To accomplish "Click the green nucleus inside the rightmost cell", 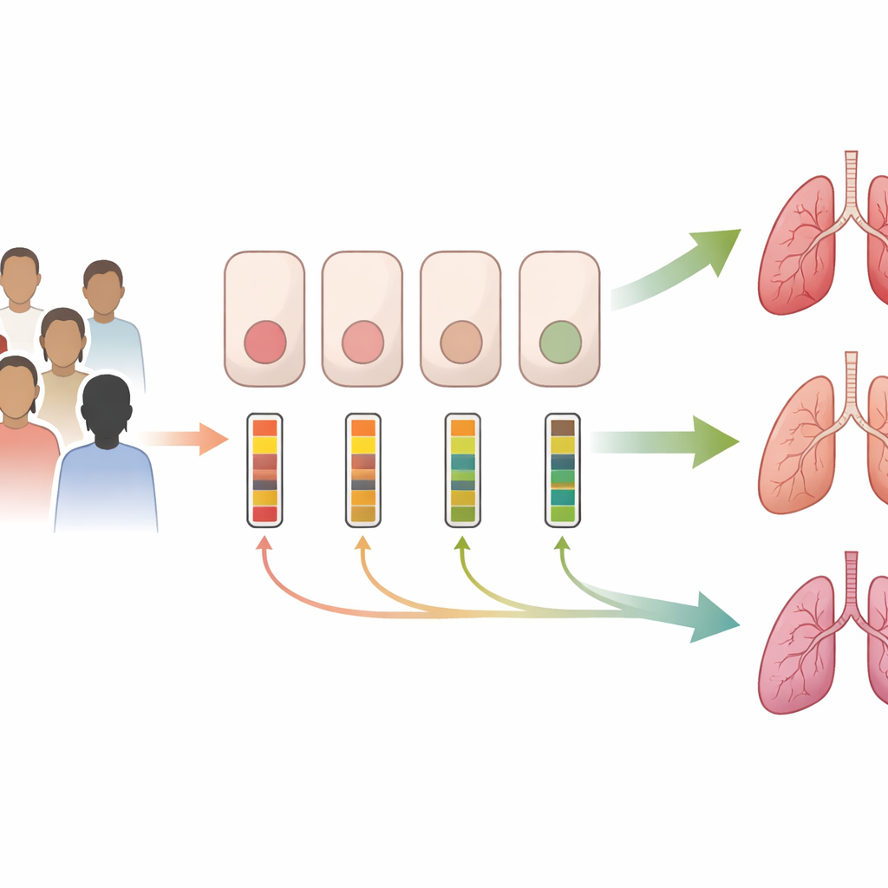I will pos(559,341).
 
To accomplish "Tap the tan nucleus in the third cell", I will pos(460,342).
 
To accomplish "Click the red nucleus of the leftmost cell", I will pos(264,341).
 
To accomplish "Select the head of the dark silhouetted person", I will pos(106,403).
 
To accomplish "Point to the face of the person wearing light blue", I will pos(103,290).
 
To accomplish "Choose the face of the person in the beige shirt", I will pos(63,340).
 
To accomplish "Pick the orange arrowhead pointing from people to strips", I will pos(212,439).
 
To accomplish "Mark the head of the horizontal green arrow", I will pos(715,441).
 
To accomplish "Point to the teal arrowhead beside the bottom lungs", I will pos(716,617).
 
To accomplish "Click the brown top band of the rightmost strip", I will pos(562,428).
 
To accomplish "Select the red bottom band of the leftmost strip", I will pos(264,514).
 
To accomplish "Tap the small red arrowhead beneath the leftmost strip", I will pos(264,543).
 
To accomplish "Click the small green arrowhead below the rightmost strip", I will pos(562,543).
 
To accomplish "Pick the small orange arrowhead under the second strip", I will pos(362,543).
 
